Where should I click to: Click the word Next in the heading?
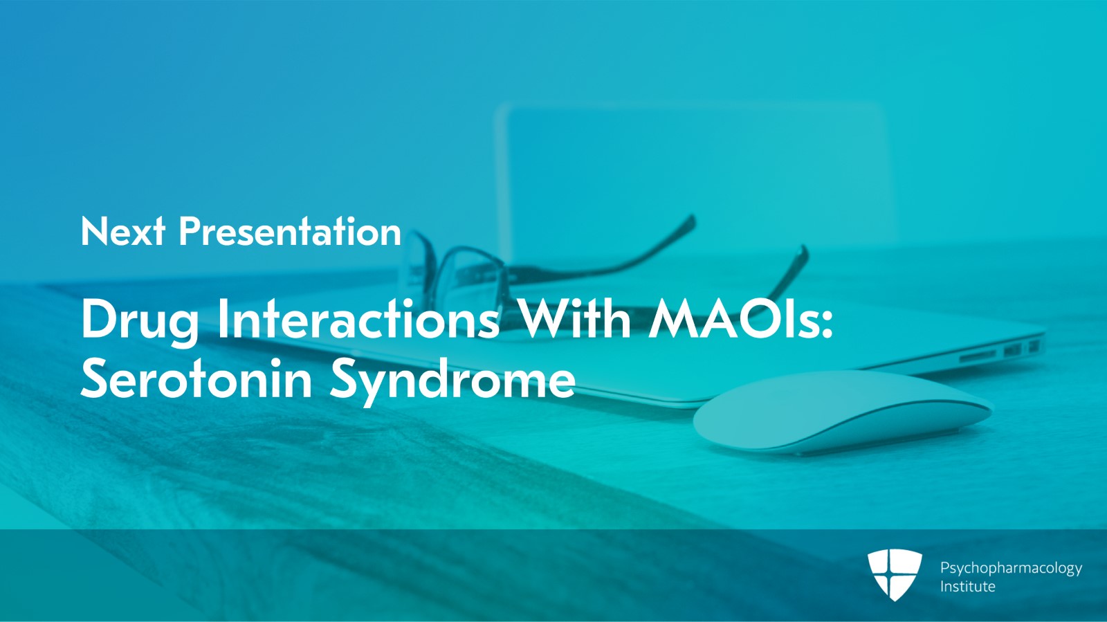click(x=123, y=231)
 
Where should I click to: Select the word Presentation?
click(x=290, y=231)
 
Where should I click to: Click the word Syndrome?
click(x=452, y=382)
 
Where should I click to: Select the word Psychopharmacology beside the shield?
click(x=1011, y=569)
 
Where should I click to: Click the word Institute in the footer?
click(x=968, y=587)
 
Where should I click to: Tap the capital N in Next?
click(x=93, y=231)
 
